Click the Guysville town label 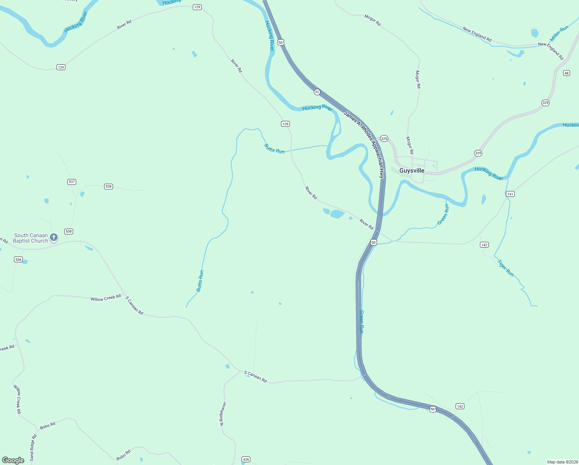[412, 170]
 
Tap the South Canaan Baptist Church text [31, 238]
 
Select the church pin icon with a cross [54, 237]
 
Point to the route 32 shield [317, 92]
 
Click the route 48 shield [567, 73]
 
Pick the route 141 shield [510, 194]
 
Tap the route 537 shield [72, 182]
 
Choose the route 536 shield [18, 259]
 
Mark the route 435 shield [246, 460]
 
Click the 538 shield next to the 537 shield [108, 186]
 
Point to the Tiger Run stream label [506, 268]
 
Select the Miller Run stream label [559, 33]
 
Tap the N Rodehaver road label [223, 413]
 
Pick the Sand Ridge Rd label [33, 447]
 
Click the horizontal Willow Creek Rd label [106, 298]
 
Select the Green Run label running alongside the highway [361, 322]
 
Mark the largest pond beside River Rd [337, 214]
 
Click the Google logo [13, 460]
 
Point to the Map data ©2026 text [562, 462]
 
